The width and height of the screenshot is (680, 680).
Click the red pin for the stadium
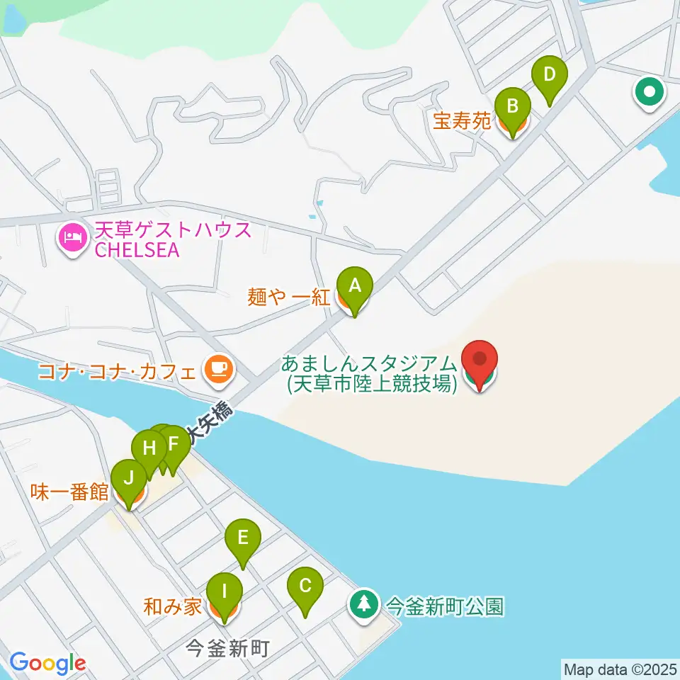[x=480, y=361]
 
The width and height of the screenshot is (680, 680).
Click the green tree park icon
[x=364, y=605]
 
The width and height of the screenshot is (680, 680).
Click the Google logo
[x=47, y=663]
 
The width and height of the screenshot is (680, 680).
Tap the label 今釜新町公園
[x=443, y=606]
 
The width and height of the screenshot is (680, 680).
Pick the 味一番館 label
[x=69, y=492]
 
